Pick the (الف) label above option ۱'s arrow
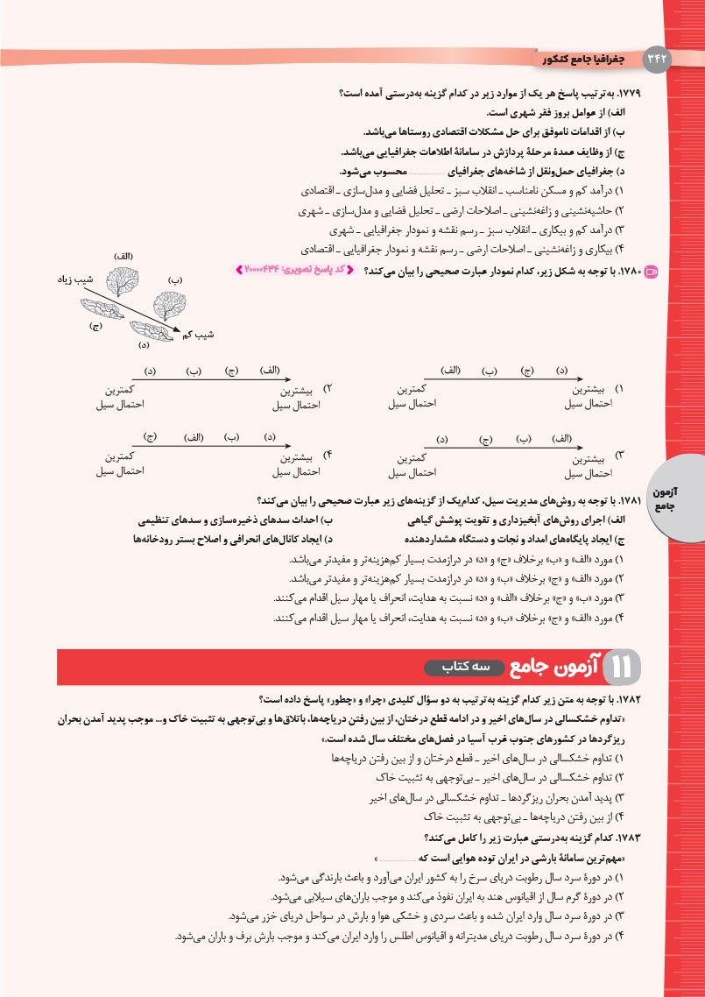451,371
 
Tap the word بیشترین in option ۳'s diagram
588,458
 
